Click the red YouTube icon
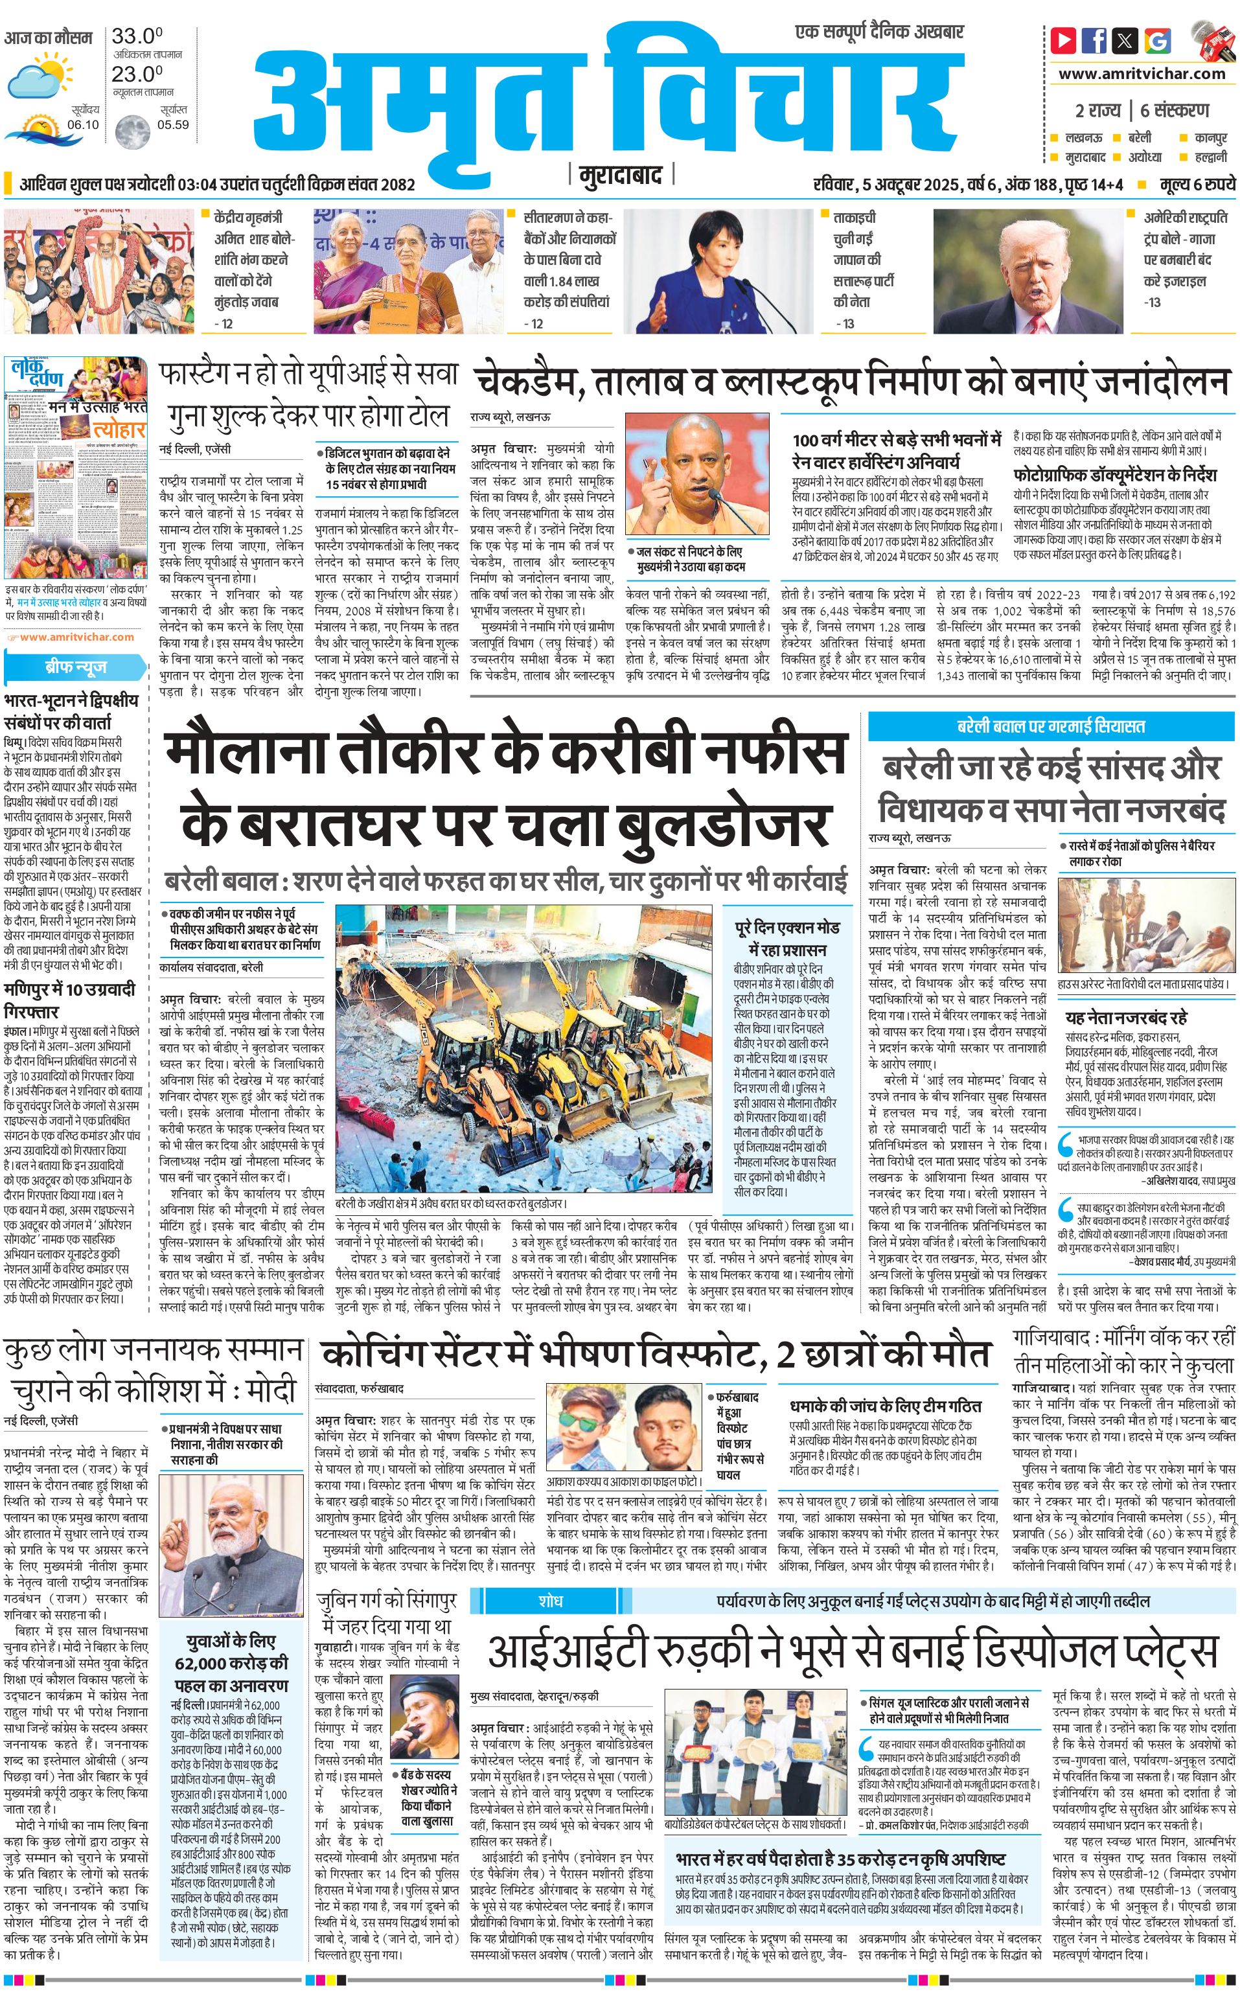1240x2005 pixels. (x=1064, y=40)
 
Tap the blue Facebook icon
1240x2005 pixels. (x=1094, y=40)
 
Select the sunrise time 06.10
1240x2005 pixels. (x=83, y=124)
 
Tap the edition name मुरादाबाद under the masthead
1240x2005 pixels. (x=620, y=176)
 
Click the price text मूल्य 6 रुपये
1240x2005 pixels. (x=1197, y=185)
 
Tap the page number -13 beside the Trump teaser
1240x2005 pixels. (x=1153, y=302)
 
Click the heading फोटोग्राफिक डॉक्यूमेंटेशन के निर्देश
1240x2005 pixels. (x=1114, y=475)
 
